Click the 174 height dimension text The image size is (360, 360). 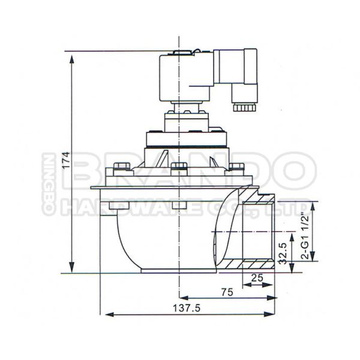pos(66,161)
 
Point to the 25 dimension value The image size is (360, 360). pos(257,278)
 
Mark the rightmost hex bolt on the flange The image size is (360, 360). pos(236,167)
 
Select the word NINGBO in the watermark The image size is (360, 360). pos(47,184)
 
